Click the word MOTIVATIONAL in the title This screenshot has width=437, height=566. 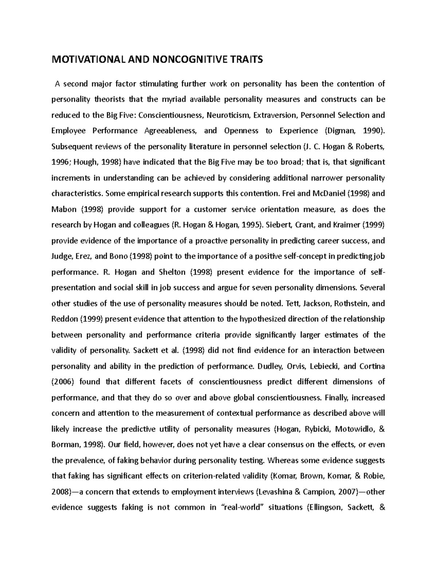point(87,60)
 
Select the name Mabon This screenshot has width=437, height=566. point(64,210)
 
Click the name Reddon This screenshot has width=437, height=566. point(65,319)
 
